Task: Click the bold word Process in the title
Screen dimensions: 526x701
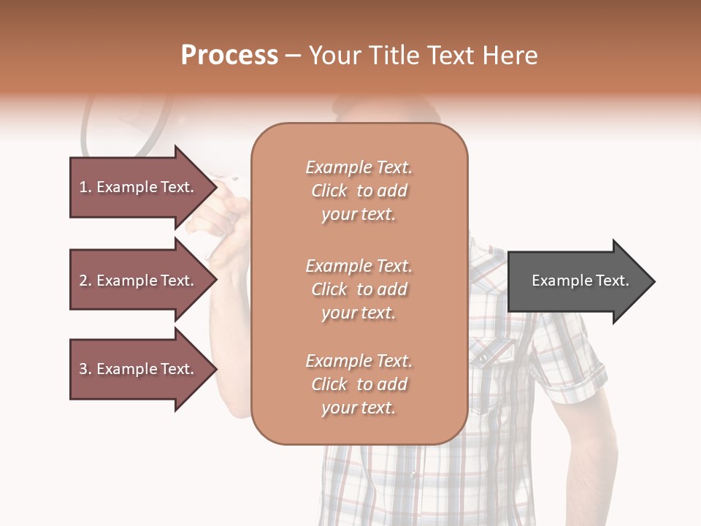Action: (x=229, y=56)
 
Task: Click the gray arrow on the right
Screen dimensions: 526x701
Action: (x=577, y=281)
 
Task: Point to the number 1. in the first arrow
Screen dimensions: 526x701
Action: (x=85, y=187)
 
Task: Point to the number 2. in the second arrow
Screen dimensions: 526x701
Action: (x=85, y=281)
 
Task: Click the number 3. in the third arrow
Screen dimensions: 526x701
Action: (x=85, y=369)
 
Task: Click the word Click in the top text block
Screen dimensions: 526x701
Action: (x=329, y=191)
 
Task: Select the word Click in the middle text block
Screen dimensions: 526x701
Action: (x=329, y=290)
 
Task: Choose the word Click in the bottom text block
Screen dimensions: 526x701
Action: (x=329, y=385)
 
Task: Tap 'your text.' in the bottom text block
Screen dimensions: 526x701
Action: (x=359, y=408)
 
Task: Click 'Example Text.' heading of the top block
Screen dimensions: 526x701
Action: (x=359, y=167)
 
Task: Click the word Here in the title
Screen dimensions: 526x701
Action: (x=511, y=56)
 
